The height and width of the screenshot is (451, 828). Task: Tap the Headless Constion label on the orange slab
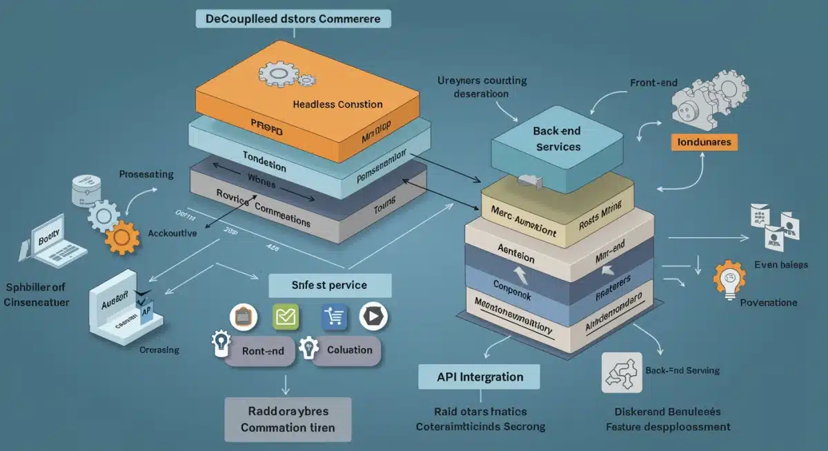click(337, 104)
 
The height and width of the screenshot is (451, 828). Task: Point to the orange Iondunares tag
click(704, 142)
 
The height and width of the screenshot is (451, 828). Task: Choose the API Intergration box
click(480, 377)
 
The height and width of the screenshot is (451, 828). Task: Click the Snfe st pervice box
click(329, 285)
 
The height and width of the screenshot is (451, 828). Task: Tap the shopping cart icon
click(334, 317)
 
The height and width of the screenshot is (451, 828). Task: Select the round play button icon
click(373, 317)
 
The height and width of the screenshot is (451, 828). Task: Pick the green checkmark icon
click(285, 317)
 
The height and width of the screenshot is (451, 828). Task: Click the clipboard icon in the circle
click(243, 317)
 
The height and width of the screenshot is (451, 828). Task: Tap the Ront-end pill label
click(263, 350)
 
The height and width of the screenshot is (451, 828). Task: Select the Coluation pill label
click(349, 350)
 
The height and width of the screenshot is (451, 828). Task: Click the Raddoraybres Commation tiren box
click(288, 419)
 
